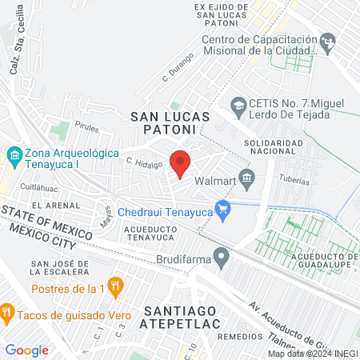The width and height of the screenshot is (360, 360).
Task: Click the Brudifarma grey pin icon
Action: (x=223, y=256)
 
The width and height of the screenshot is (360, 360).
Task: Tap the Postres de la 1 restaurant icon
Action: (x=116, y=285)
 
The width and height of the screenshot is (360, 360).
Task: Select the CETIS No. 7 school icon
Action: (x=238, y=104)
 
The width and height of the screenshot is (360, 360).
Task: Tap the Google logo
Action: (x=26, y=350)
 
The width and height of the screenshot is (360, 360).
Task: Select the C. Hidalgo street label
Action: (x=138, y=161)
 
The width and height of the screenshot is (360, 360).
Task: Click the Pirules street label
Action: (x=86, y=126)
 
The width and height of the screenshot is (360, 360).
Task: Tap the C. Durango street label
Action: (x=178, y=67)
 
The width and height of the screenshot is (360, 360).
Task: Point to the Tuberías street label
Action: (x=294, y=182)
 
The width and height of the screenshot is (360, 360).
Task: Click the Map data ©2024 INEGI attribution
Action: (x=312, y=353)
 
